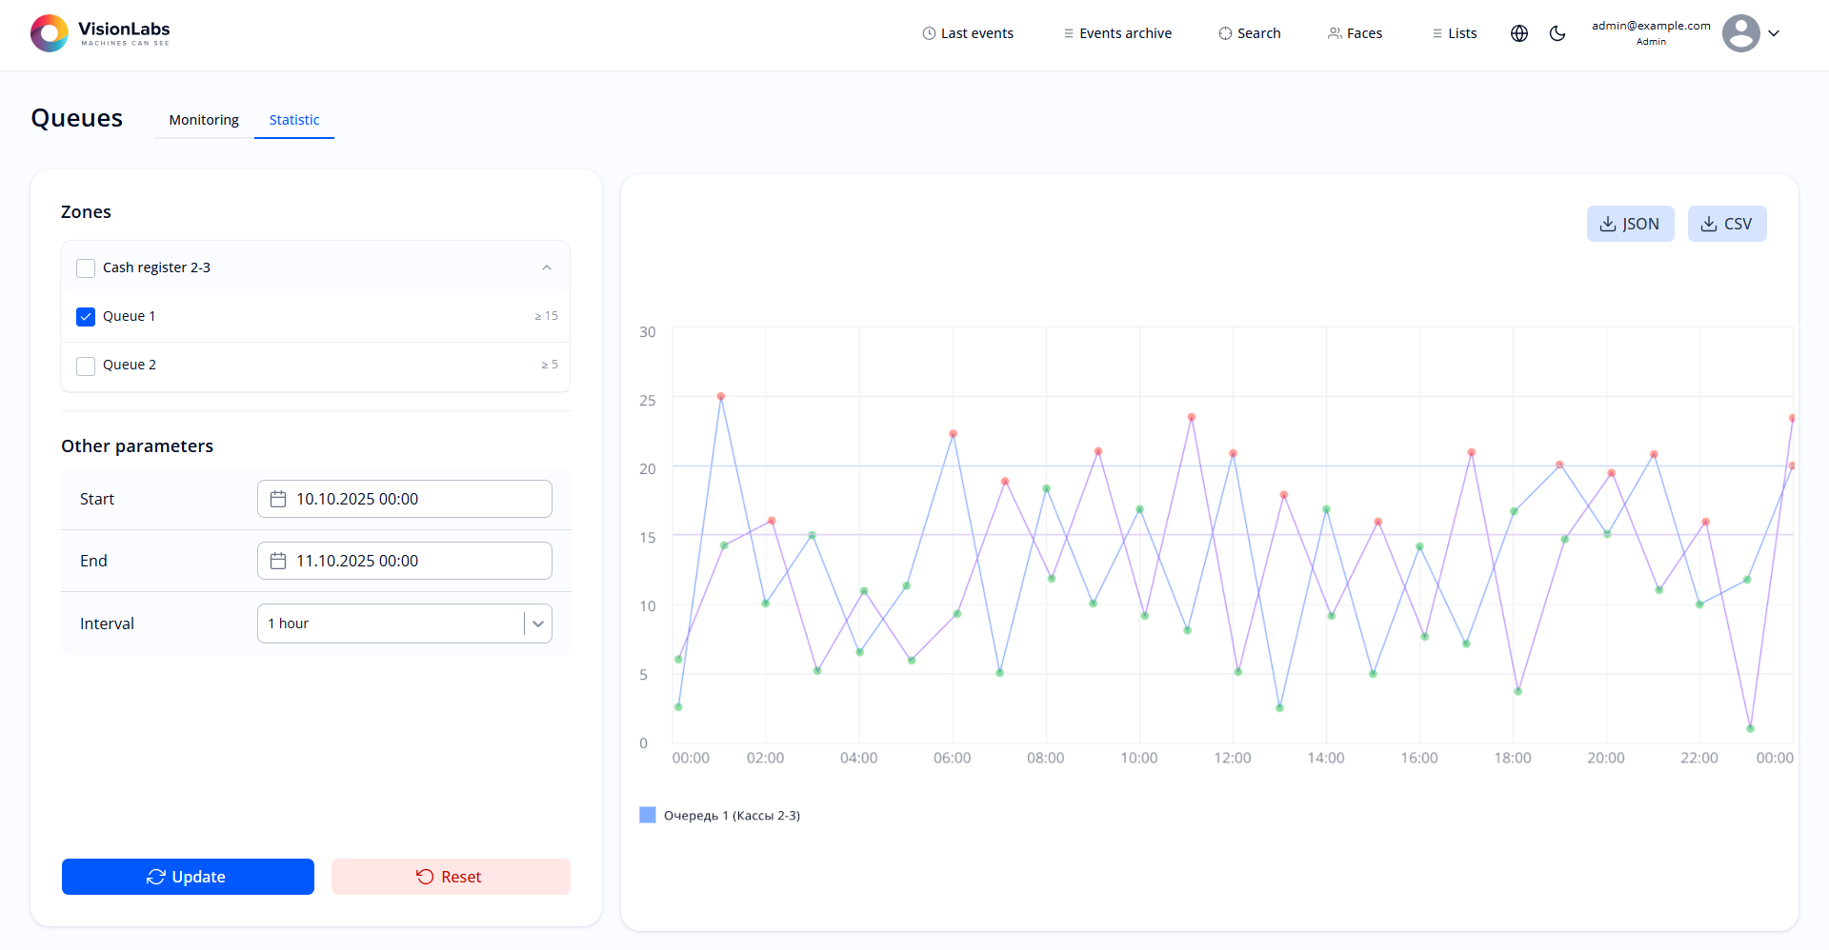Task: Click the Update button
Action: pyautogui.click(x=188, y=877)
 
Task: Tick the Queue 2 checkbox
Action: pyautogui.click(x=86, y=366)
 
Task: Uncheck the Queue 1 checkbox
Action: pyautogui.click(x=86, y=317)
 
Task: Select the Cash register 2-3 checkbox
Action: pyautogui.click(x=86, y=268)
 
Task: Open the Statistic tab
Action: pyautogui.click(x=293, y=120)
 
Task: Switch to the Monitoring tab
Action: pyautogui.click(x=204, y=120)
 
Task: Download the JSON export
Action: pyautogui.click(x=1630, y=224)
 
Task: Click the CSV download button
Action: pyautogui.click(x=1726, y=224)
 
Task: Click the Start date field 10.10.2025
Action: pyautogui.click(x=405, y=499)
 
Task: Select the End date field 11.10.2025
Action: pyautogui.click(x=405, y=561)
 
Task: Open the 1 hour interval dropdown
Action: pyautogui.click(x=405, y=623)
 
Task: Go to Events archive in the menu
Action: pyautogui.click(x=1117, y=33)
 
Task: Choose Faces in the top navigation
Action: pyautogui.click(x=1355, y=33)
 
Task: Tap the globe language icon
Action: pyautogui.click(x=1519, y=33)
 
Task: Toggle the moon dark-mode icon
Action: pyautogui.click(x=1558, y=33)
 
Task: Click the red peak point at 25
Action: pyautogui.click(x=721, y=396)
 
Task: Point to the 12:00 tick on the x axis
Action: pyautogui.click(x=1233, y=758)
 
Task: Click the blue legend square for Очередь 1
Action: pyautogui.click(x=648, y=815)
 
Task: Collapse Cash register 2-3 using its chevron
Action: pyautogui.click(x=547, y=267)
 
